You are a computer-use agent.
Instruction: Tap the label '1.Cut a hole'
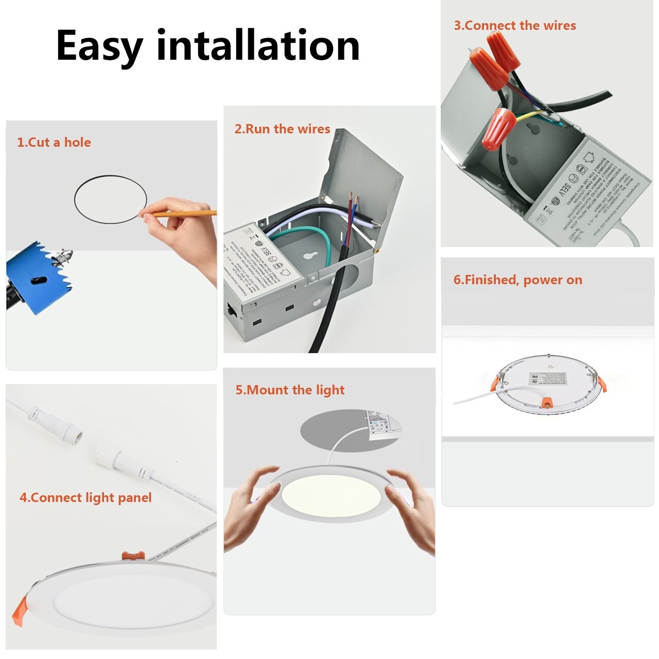pos(54,143)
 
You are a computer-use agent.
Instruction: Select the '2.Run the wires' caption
pos(282,129)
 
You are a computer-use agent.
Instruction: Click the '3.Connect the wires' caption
pos(515,26)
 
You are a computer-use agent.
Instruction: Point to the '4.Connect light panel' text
pos(85,498)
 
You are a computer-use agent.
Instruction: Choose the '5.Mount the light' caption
pos(290,390)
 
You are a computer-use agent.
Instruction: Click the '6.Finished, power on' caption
pos(517,280)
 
